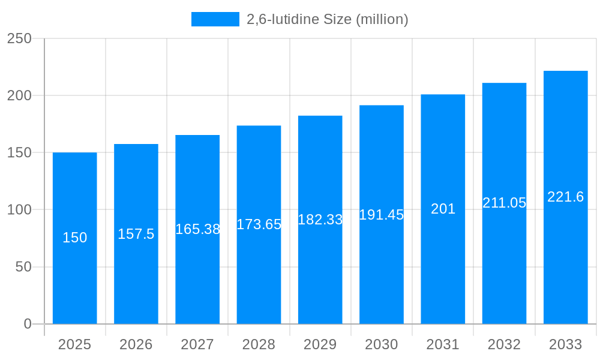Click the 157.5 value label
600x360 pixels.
136,234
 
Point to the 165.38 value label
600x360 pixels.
197,229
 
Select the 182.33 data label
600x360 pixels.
320,220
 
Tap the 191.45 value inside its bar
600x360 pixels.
382,215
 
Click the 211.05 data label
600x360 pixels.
504,203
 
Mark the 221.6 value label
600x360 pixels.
565,197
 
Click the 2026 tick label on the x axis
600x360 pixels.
136,344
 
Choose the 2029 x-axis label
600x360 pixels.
320,344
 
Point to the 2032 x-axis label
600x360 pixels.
504,344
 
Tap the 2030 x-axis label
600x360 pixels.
382,344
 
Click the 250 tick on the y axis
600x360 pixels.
19,38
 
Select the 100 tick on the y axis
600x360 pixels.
19,210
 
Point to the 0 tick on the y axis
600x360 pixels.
28,324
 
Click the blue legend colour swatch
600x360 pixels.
215,19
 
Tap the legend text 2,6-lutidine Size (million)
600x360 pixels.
328,19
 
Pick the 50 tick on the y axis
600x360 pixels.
23,267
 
